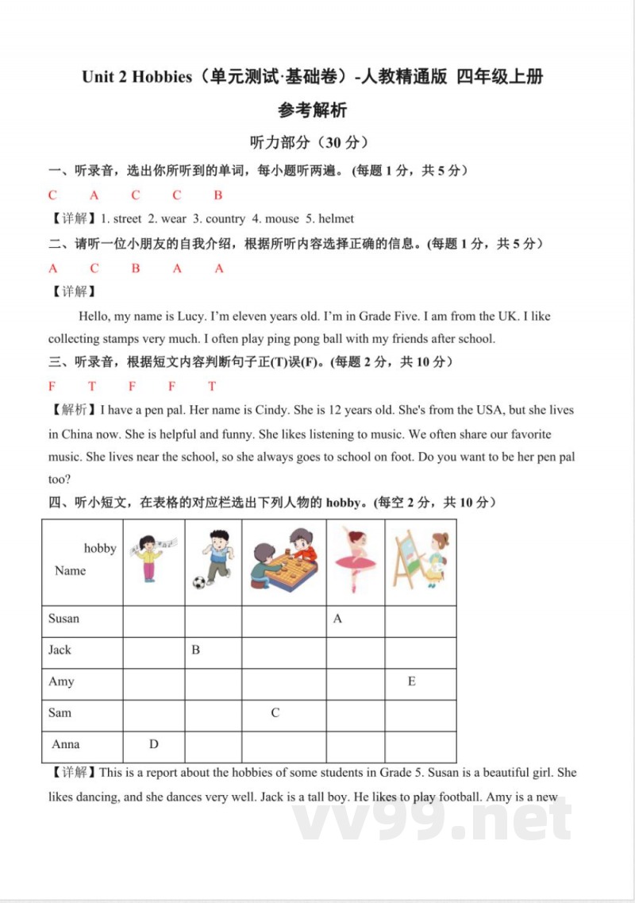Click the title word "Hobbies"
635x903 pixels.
[162, 77]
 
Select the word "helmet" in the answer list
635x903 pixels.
[336, 218]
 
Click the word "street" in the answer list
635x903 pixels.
[127, 218]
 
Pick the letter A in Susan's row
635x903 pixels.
[337, 619]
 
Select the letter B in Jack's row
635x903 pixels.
[195, 650]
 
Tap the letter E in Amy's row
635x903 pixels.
[411, 681]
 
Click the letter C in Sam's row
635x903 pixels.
[275, 712]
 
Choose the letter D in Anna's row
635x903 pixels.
[153, 744]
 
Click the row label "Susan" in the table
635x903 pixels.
[63, 619]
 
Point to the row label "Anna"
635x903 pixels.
[66, 744]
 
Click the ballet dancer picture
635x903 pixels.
[354, 561]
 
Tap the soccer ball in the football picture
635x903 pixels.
[198, 583]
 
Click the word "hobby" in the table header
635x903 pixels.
[100, 548]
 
